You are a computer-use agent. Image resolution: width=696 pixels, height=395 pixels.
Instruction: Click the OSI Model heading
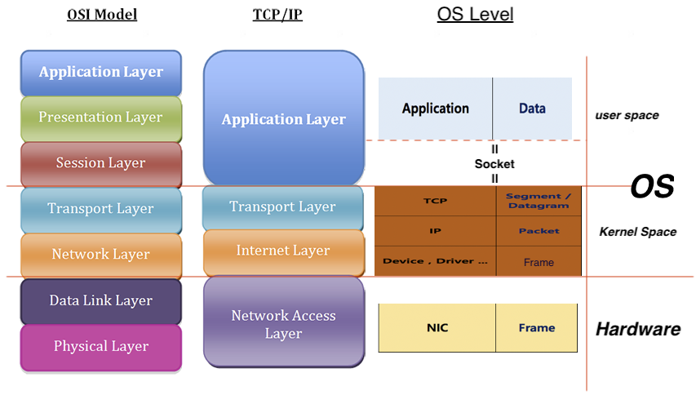(x=102, y=15)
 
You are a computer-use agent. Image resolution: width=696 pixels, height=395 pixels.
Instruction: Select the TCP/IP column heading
(x=278, y=15)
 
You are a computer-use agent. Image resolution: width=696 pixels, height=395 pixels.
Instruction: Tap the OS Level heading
(x=475, y=14)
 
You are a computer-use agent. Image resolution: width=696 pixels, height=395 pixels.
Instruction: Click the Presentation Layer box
(x=101, y=118)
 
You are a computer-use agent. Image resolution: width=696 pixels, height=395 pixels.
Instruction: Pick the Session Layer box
(x=101, y=163)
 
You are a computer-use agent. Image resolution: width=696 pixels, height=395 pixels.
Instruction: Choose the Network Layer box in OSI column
(x=101, y=255)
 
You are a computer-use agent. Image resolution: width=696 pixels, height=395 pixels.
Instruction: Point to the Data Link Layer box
(x=101, y=300)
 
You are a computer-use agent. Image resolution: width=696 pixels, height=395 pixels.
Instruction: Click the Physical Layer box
(x=101, y=346)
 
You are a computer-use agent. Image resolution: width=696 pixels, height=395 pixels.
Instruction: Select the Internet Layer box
(x=283, y=251)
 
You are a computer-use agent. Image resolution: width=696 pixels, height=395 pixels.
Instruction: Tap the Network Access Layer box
(x=283, y=323)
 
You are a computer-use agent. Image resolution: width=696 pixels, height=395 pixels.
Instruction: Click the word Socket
(x=494, y=164)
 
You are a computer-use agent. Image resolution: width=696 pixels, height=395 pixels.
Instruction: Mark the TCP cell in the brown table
(x=435, y=201)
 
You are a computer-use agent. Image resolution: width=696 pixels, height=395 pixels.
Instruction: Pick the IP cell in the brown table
(x=435, y=231)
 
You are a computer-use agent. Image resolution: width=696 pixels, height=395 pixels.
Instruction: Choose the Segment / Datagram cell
(x=539, y=201)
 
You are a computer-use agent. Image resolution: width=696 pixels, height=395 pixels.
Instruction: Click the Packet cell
(x=539, y=231)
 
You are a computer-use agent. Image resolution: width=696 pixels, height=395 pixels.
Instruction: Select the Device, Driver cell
(x=435, y=261)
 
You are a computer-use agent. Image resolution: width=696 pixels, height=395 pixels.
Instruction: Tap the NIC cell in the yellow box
(x=437, y=328)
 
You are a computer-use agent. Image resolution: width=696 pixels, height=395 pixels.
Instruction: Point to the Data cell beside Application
(x=532, y=109)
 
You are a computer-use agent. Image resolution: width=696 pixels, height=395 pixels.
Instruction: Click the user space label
(x=627, y=115)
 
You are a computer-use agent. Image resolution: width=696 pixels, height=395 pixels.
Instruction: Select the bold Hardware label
(x=637, y=330)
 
